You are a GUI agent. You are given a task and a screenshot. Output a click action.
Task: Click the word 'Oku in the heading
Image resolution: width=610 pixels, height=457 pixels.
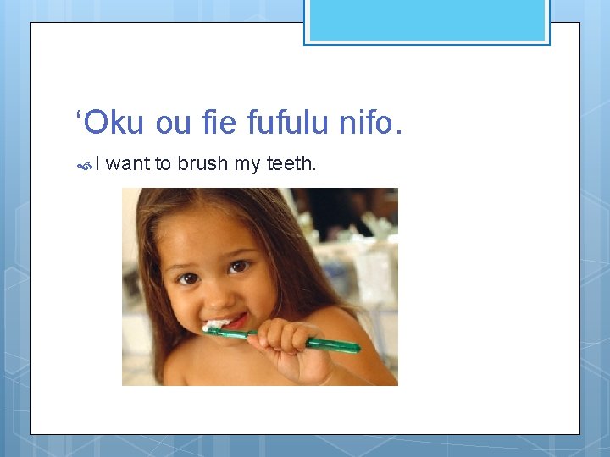pyautogui.click(x=111, y=124)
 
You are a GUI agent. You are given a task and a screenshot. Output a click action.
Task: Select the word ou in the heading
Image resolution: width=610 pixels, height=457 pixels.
pyautogui.click(x=174, y=124)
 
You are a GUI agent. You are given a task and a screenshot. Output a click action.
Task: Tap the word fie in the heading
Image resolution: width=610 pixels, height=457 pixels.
pyautogui.click(x=220, y=124)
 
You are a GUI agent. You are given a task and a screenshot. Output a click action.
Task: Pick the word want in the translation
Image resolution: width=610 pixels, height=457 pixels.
pyautogui.click(x=127, y=163)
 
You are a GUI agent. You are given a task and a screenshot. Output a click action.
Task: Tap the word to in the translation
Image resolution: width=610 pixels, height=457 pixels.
pyautogui.click(x=164, y=163)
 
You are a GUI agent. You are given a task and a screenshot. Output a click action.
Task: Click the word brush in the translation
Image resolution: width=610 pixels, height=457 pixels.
pyautogui.click(x=202, y=163)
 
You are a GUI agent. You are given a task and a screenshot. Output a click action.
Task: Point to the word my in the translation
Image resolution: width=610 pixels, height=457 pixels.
pyautogui.click(x=247, y=164)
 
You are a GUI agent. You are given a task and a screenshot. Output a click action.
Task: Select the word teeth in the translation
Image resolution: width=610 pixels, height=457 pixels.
pyautogui.click(x=291, y=163)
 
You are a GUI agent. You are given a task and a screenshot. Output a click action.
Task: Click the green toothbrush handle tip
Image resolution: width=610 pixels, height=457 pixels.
pyautogui.click(x=354, y=347)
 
